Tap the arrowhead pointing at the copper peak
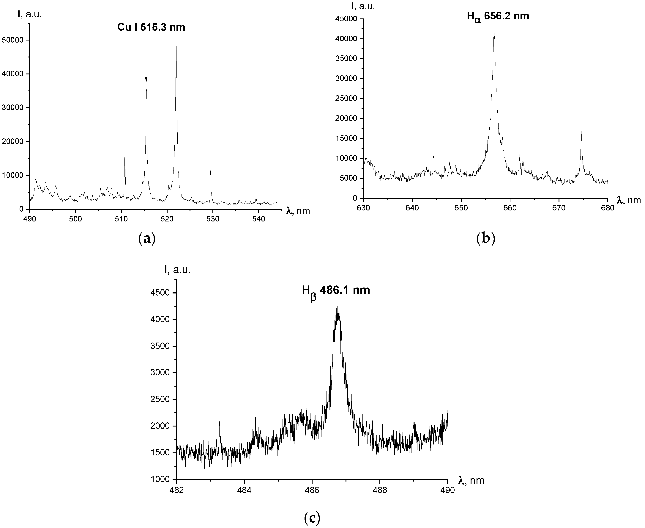(x=146, y=80)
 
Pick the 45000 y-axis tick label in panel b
(x=348, y=19)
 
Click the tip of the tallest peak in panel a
(x=176, y=43)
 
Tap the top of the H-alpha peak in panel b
(x=494, y=34)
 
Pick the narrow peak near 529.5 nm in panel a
(x=210, y=171)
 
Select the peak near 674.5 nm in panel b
(x=581, y=132)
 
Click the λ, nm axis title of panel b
(x=629, y=200)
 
